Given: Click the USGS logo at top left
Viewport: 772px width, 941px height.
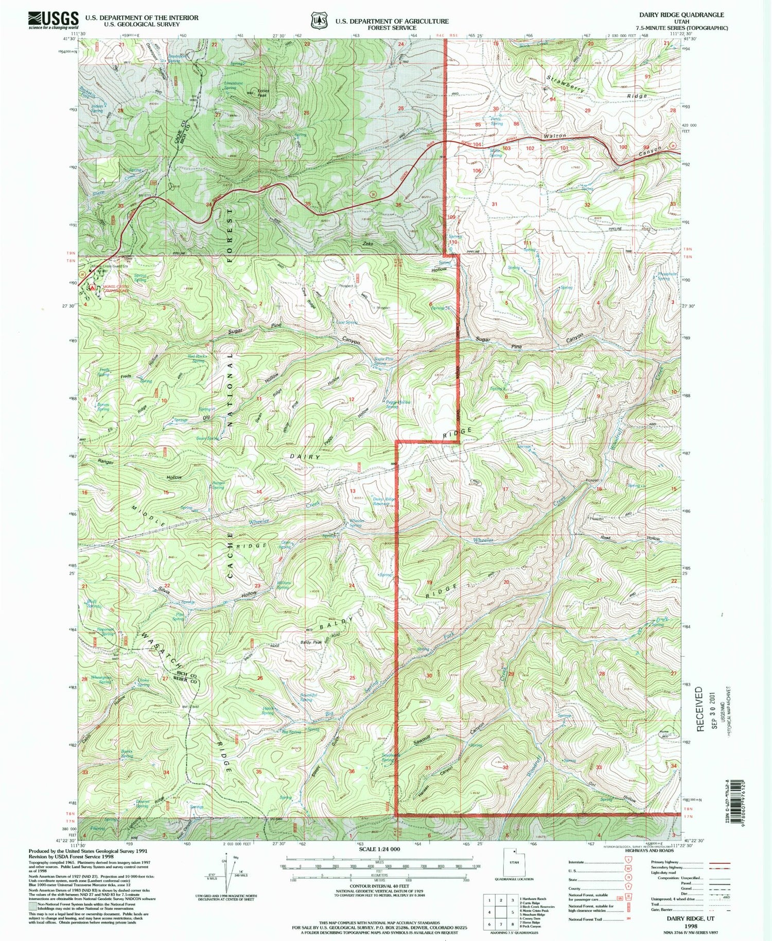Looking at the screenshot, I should pos(54,20).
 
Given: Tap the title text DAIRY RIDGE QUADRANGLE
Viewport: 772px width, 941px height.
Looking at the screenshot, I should pos(680,15).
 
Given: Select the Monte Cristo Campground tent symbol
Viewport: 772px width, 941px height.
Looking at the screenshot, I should pos(93,287).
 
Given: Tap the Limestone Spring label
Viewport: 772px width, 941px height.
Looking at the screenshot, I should pos(233,85).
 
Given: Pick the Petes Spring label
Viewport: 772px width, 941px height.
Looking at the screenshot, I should pos(496,122).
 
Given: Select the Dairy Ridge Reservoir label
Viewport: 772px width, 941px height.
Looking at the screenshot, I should pos(384,501).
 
